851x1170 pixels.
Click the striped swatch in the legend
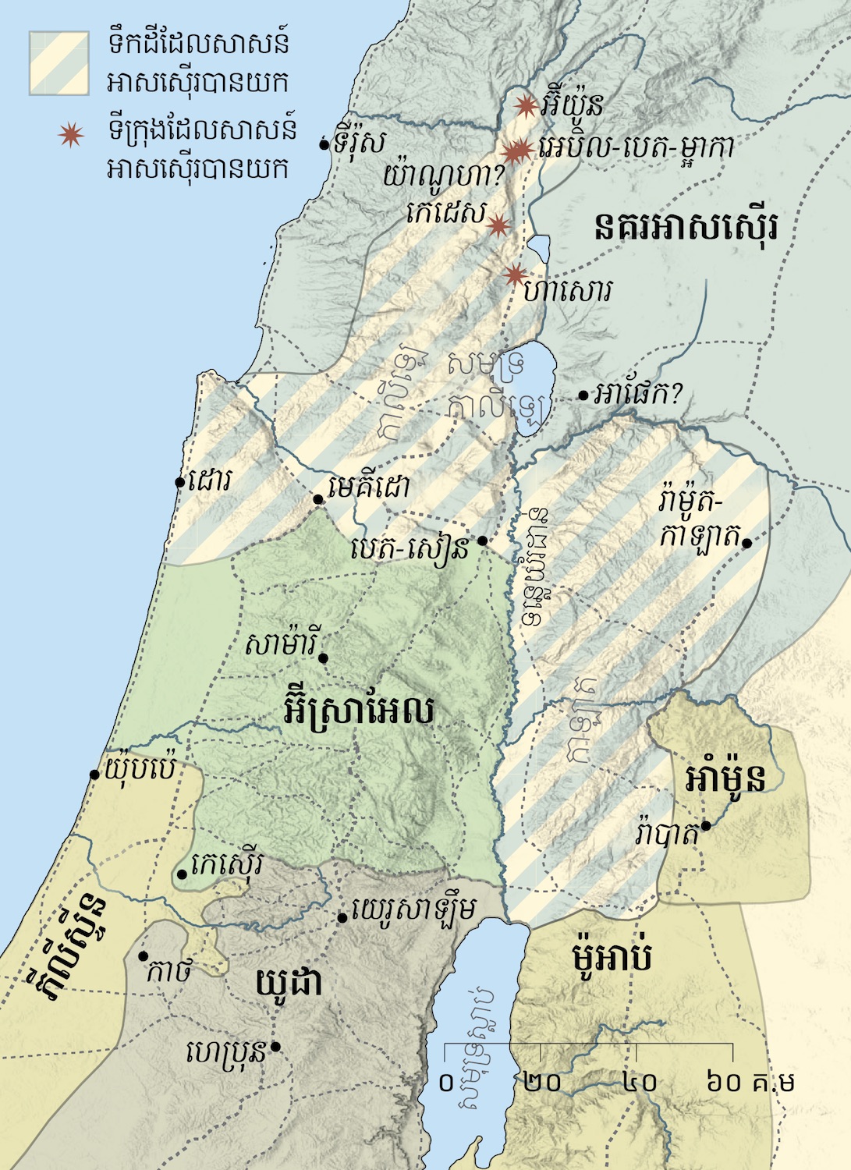click(x=59, y=63)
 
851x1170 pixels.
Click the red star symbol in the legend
click(x=71, y=135)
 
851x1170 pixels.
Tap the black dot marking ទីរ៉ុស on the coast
click(x=324, y=144)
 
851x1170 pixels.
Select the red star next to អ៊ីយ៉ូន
click(x=527, y=105)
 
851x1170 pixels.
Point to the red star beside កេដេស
click(x=498, y=226)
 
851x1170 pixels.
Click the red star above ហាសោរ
click(x=514, y=275)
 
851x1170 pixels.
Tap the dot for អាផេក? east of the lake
click(x=583, y=395)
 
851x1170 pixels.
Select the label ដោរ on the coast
click(x=210, y=480)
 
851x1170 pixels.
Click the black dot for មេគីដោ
click(x=318, y=499)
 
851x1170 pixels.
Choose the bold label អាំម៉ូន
click(x=725, y=777)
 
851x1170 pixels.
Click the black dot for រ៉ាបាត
click(x=705, y=826)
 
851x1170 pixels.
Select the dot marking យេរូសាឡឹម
click(x=342, y=918)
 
